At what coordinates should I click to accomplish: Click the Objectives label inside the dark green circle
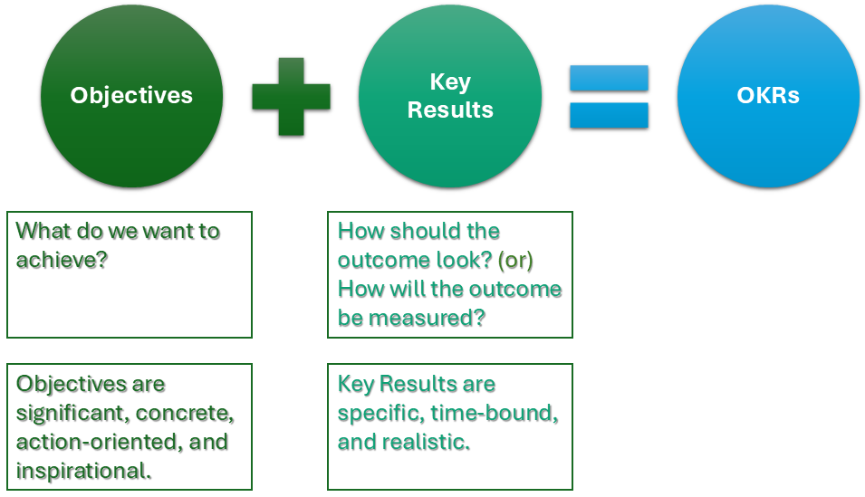point(131,95)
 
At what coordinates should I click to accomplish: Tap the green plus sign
point(291,97)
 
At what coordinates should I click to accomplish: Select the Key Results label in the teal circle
point(450,96)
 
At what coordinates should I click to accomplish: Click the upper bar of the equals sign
point(609,79)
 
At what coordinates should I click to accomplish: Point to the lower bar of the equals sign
point(609,115)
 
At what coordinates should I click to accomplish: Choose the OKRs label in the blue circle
point(768,95)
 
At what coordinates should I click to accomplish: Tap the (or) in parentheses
point(514,261)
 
